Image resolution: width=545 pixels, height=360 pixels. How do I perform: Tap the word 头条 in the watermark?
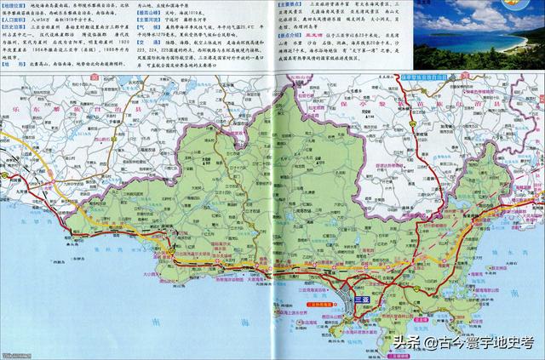pyautogui.click(x=407, y=343)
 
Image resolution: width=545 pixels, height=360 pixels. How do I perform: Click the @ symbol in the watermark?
pyautogui.click(x=433, y=343)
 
